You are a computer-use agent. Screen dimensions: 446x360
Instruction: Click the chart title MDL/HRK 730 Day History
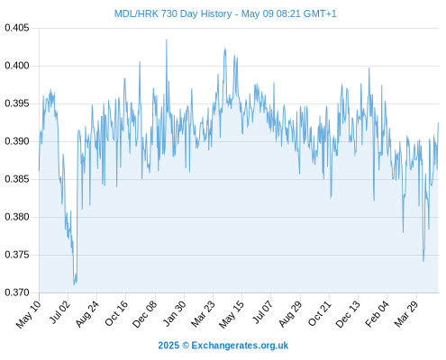point(173,13)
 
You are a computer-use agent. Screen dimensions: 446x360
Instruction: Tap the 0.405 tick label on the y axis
point(17,28)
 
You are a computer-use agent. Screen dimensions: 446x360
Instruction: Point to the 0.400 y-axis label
point(17,66)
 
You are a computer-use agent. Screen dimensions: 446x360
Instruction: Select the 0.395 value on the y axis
point(17,103)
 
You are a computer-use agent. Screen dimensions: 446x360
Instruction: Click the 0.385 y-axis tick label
point(17,179)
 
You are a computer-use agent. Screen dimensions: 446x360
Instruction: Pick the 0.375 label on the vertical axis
point(17,255)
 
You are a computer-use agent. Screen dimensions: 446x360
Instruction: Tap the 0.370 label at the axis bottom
point(17,292)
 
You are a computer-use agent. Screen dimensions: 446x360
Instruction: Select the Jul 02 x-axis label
point(59,312)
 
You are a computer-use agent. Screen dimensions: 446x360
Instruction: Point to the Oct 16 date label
point(116,313)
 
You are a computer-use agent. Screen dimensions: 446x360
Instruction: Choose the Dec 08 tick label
point(145,313)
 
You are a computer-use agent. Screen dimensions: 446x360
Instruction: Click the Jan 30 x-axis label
point(175,313)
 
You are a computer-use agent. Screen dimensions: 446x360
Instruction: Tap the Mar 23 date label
point(204,313)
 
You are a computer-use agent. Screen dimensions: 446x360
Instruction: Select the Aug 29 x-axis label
point(290,313)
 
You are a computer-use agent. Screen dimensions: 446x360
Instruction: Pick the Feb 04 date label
point(378,313)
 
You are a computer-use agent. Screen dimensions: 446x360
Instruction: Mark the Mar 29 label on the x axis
point(406,313)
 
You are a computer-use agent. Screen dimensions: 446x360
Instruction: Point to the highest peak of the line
point(167,39)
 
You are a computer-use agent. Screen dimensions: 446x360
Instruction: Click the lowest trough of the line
point(74,284)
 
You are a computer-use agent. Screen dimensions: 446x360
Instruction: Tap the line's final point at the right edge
point(439,122)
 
